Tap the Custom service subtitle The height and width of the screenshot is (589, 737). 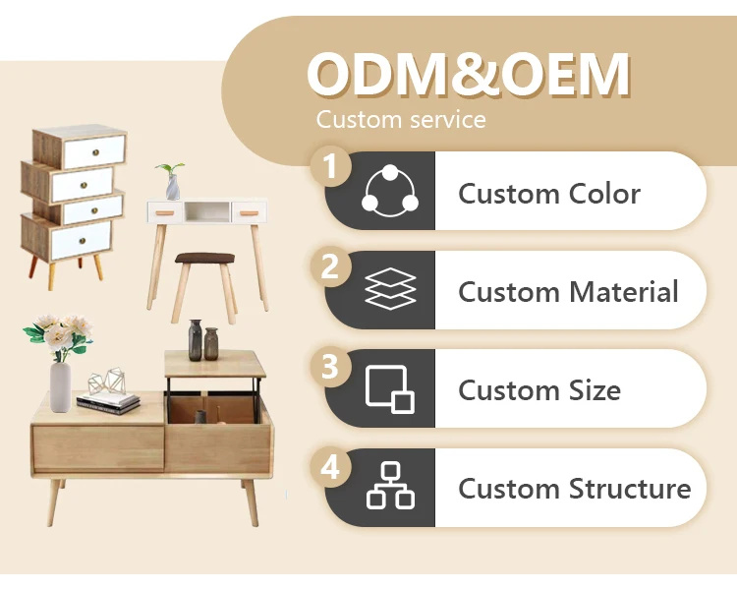(401, 120)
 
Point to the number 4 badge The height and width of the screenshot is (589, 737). (331, 466)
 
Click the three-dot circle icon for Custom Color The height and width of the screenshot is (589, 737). (390, 191)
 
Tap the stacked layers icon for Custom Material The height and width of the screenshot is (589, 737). (390, 290)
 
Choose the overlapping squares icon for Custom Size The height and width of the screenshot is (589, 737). (390, 388)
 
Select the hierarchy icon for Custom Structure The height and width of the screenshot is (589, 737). (390, 488)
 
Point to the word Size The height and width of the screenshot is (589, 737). (593, 390)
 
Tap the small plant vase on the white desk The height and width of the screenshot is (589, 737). (173, 187)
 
